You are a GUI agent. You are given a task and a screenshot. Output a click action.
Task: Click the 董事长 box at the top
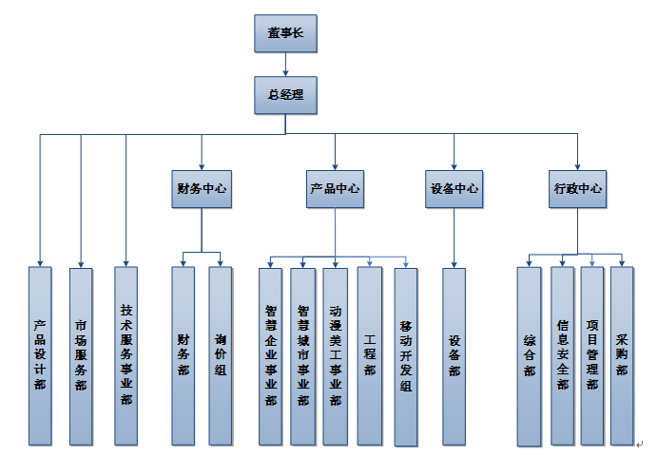(285, 33)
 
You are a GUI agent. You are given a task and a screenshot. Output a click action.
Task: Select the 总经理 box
(285, 94)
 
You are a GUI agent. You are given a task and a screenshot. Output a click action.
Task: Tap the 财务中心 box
(203, 188)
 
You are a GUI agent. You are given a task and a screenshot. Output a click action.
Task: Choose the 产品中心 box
(335, 188)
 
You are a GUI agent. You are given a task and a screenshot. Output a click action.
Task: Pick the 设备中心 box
(454, 188)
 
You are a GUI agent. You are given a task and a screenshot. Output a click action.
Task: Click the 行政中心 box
(578, 188)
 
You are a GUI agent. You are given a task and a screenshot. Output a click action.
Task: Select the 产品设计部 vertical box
(40, 356)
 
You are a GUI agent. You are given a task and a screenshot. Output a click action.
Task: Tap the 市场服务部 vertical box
(81, 356)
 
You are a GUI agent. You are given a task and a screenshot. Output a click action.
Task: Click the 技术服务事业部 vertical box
(126, 356)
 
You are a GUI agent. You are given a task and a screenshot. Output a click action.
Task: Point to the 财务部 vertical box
(183, 356)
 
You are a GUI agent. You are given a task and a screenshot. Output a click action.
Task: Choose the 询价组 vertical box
(221, 356)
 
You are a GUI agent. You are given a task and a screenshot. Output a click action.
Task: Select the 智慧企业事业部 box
(271, 356)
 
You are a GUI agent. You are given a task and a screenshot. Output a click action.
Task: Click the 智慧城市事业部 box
(302, 356)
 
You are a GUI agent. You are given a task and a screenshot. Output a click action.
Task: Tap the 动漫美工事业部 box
(335, 356)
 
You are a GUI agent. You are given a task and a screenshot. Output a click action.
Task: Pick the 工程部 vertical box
(370, 356)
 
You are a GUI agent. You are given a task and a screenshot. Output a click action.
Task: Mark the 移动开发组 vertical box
(405, 356)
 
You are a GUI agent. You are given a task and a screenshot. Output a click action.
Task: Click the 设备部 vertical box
(454, 356)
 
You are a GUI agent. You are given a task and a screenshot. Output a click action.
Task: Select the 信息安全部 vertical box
(562, 356)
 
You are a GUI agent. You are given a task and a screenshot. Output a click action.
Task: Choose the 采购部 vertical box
(622, 356)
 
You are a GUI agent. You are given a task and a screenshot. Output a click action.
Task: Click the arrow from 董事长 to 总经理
(285, 65)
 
